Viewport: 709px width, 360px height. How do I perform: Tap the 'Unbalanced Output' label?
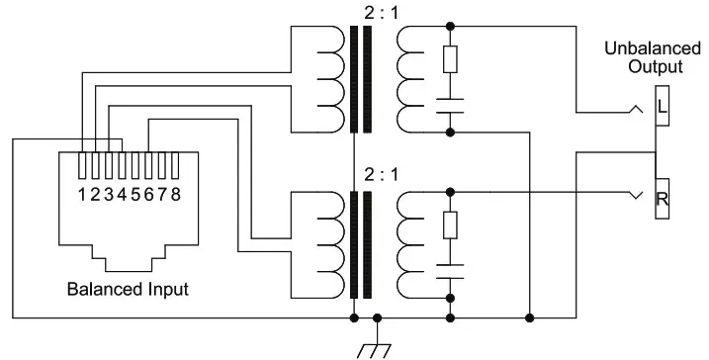[x=656, y=58]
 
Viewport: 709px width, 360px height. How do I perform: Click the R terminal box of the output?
[x=662, y=199]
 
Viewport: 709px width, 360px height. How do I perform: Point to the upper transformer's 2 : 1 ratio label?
[x=361, y=11]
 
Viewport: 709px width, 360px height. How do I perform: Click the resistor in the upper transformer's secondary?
[x=451, y=59]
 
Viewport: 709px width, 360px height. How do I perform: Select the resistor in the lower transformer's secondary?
[x=451, y=226]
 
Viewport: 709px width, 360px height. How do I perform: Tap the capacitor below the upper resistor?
[x=451, y=104]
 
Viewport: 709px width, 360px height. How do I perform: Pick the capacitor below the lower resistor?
[x=451, y=270]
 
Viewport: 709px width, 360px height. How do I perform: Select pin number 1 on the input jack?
[x=83, y=194]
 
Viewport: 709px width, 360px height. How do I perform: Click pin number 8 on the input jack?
[x=176, y=194]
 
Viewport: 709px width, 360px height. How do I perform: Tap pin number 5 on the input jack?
[x=136, y=194]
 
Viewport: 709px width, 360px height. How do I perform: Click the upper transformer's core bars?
[x=361, y=79]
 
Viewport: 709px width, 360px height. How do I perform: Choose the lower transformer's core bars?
[x=361, y=245]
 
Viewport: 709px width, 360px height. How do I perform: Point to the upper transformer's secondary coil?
[x=406, y=79]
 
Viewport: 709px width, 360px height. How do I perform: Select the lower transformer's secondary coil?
[x=406, y=245]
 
